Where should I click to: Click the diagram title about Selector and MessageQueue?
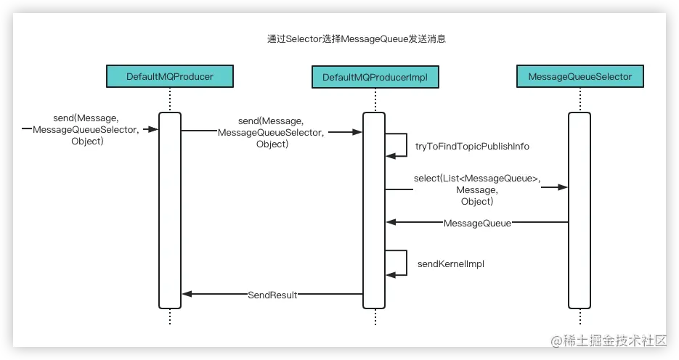point(356,39)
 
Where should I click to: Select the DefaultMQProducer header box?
point(170,76)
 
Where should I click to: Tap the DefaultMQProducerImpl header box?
point(375,76)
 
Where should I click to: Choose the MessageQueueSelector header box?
point(580,76)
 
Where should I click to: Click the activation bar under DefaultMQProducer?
point(170,210)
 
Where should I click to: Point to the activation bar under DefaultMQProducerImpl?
point(375,210)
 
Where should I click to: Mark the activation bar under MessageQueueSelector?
point(580,210)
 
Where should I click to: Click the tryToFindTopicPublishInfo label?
point(472,146)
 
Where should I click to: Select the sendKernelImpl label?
point(450,264)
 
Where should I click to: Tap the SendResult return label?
point(272,295)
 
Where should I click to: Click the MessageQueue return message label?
point(477,223)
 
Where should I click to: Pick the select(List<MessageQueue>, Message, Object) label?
point(477,190)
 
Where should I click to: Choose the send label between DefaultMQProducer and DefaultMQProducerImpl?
point(272,133)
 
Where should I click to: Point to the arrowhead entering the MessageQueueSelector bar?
point(563,187)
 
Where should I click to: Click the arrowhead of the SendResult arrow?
point(187,294)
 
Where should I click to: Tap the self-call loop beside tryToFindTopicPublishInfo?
point(397,144)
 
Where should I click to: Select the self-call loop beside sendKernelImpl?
point(397,263)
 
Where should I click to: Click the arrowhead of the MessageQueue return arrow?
point(391,222)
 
